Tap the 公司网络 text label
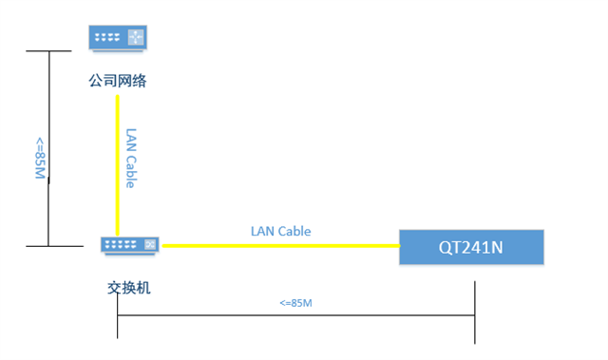point(118,82)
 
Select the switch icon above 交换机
point(130,246)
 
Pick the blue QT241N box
point(471,247)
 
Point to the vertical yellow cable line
point(118,161)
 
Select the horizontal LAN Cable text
point(280,231)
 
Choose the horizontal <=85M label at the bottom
point(295,303)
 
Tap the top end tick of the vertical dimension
point(49,50)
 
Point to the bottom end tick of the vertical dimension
point(49,246)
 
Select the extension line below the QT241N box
point(475,304)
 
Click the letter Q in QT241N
point(444,248)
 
